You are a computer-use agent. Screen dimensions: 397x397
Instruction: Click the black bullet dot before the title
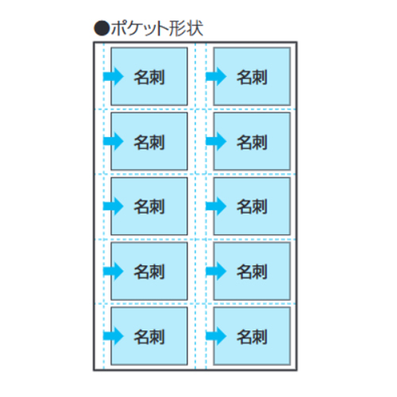[102, 29]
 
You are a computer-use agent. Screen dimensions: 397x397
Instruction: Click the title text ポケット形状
[157, 29]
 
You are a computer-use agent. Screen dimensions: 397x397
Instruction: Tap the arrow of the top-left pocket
[113, 76]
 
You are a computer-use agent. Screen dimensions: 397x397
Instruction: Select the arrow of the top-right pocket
[216, 76]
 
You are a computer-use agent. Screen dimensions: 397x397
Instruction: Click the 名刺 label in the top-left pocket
[149, 77]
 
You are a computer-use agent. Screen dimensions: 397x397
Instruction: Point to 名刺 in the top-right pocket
[252, 77]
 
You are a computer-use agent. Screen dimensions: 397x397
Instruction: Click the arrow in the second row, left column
[113, 141]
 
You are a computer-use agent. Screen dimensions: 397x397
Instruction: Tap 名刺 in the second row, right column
[252, 142]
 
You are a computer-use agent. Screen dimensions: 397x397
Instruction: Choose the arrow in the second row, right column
[216, 141]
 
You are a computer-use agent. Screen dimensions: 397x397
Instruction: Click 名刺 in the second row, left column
[149, 142]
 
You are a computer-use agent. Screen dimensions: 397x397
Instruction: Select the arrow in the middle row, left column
[113, 206]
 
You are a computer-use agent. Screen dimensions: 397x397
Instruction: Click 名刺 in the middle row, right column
[252, 206]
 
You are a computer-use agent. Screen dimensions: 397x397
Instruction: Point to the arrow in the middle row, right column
[216, 206]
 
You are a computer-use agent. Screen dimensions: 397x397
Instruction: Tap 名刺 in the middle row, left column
[149, 206]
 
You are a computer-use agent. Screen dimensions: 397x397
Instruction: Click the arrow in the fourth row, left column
[113, 271]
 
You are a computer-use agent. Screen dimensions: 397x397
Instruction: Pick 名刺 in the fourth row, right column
[252, 272]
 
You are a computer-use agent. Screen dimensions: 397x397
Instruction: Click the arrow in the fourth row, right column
[216, 271]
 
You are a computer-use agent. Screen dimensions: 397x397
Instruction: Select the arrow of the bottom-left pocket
[113, 336]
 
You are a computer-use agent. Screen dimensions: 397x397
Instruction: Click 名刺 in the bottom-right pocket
[252, 337]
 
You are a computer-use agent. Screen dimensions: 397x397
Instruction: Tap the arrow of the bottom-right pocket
[216, 336]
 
